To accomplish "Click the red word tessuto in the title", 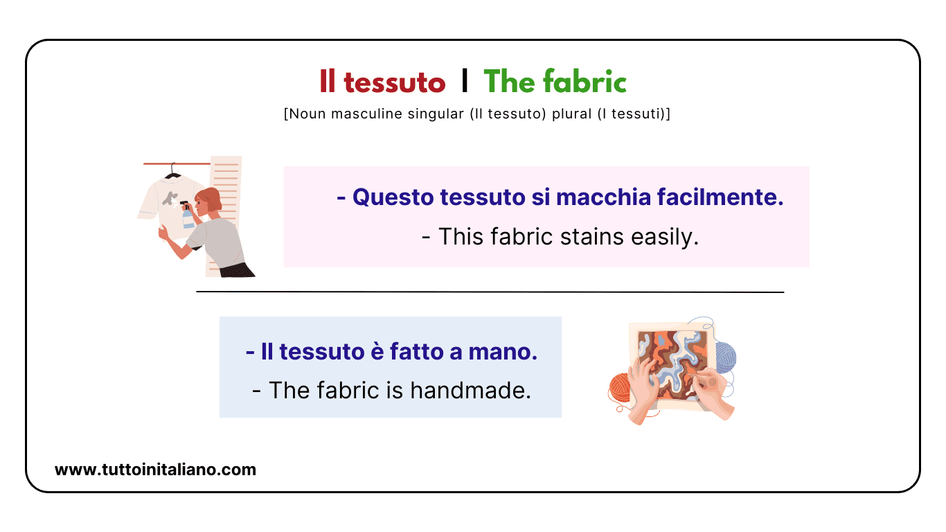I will pos(394,83).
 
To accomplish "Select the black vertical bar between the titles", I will pos(465,82).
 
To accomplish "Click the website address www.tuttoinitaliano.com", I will pos(155,470).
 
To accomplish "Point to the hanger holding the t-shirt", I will pos(172,171).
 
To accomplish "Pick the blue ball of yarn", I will pos(726,356).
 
